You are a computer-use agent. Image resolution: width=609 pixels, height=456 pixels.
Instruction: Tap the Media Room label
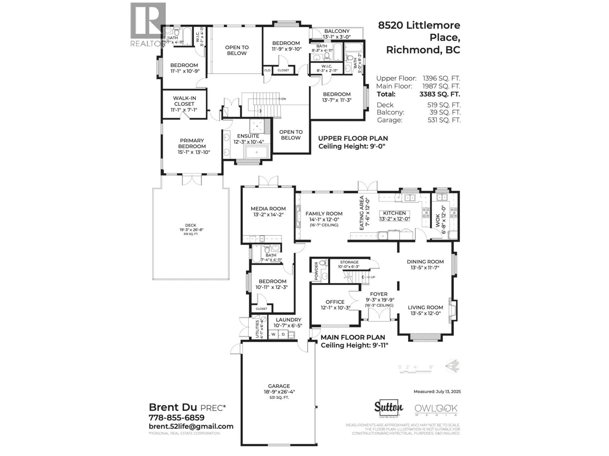(268, 209)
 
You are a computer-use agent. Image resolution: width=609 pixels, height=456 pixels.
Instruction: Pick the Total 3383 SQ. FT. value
(439, 94)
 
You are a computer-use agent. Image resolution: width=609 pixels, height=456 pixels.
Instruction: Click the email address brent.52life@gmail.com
(191, 426)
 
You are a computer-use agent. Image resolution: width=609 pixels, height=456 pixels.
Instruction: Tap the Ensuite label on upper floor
(248, 136)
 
